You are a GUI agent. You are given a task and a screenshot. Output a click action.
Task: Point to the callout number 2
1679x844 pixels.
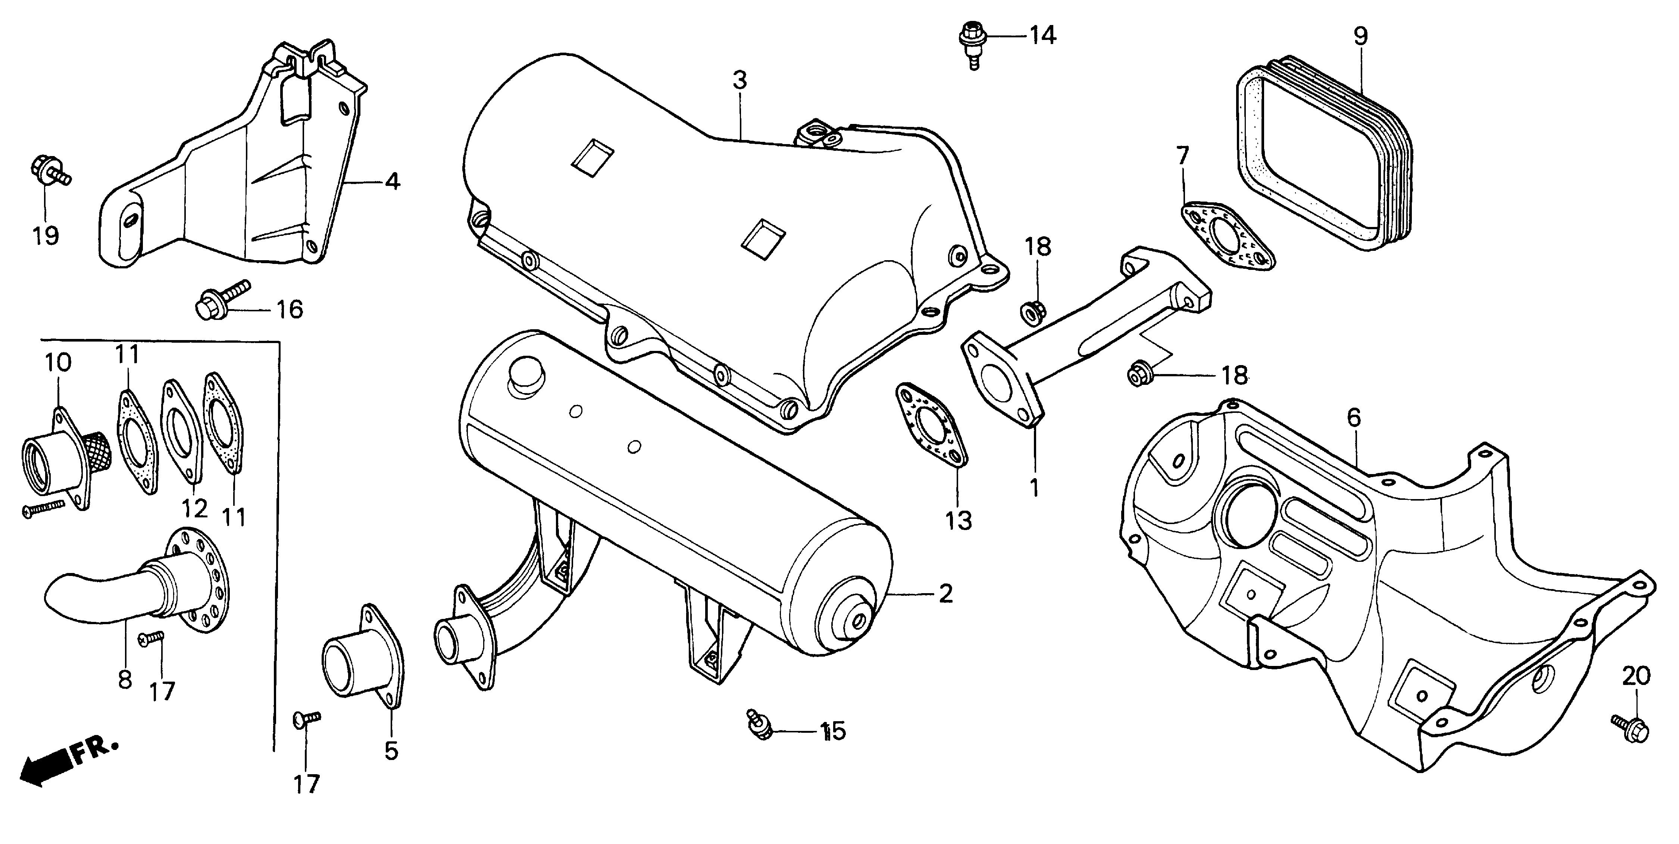point(945,594)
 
